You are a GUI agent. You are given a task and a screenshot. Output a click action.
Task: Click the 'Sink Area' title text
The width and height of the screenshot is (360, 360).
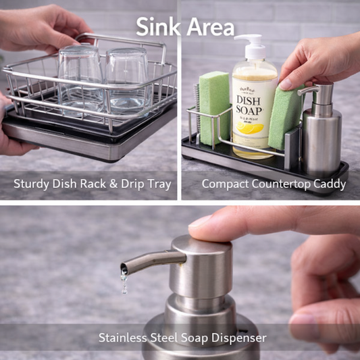184,26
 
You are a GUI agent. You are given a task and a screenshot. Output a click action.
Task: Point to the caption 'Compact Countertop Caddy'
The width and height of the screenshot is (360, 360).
274,184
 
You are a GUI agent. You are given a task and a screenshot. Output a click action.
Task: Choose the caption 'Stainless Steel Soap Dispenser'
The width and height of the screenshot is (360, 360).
182,337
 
